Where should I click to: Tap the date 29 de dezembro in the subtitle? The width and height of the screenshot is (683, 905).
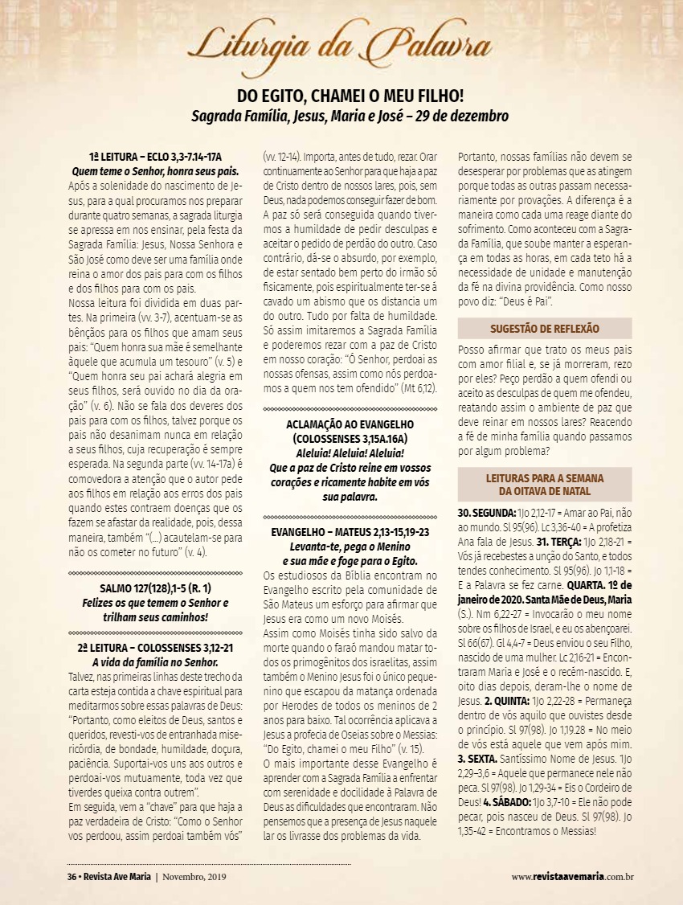(x=461, y=116)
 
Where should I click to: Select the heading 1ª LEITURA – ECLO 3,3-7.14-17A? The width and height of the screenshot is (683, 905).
(x=154, y=157)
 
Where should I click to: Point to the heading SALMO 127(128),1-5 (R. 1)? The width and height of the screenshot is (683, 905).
(x=154, y=588)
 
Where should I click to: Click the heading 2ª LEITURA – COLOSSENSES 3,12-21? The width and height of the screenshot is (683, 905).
(x=154, y=648)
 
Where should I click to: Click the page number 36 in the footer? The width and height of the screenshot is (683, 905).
(x=72, y=876)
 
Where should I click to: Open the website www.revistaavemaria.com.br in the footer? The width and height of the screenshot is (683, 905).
(x=573, y=876)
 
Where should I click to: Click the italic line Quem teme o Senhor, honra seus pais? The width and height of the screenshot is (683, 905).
(x=154, y=171)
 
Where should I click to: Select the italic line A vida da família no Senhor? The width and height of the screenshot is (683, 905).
(x=154, y=662)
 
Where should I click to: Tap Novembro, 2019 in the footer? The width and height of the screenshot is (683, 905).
(x=195, y=876)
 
